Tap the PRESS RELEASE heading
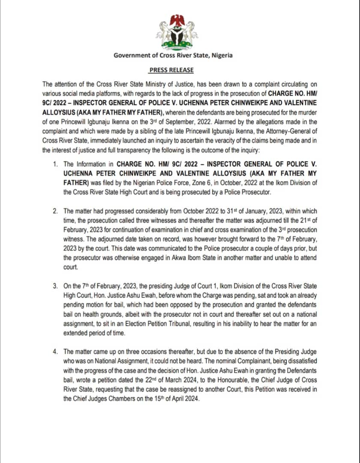171,70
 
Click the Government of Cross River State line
173,55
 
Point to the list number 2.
56,211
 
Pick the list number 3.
56,286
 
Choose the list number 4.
56,352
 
